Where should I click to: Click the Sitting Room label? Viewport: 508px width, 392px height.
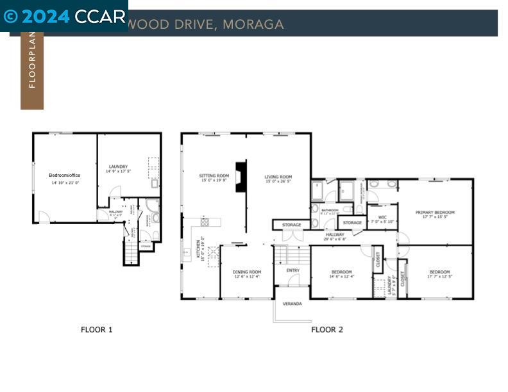pyautogui.click(x=214, y=176)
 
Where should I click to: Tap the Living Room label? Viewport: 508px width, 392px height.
pyautogui.click(x=278, y=177)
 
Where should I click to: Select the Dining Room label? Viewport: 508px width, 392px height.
pyautogui.click(x=247, y=272)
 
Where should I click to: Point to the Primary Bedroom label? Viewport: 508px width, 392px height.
pyautogui.click(x=435, y=213)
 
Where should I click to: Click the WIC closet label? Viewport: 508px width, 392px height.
pyautogui.click(x=382, y=217)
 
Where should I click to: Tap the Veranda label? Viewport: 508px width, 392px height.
pyautogui.click(x=292, y=304)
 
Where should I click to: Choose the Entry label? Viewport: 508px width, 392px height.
pyautogui.click(x=292, y=270)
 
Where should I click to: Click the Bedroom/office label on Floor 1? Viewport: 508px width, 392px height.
pyautogui.click(x=64, y=175)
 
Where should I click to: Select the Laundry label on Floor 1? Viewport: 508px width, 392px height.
pyautogui.click(x=118, y=167)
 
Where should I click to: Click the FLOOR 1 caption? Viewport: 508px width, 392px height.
pyautogui.click(x=97, y=330)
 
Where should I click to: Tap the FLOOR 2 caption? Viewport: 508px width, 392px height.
pyautogui.click(x=327, y=330)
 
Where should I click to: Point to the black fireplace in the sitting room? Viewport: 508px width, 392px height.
pyautogui.click(x=241, y=177)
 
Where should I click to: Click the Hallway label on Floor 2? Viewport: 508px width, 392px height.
pyautogui.click(x=335, y=235)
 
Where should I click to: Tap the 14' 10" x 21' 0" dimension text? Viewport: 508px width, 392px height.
pyautogui.click(x=65, y=183)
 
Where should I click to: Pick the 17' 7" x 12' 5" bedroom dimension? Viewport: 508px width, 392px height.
pyautogui.click(x=439, y=277)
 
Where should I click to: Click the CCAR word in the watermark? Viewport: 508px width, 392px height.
pyautogui.click(x=99, y=16)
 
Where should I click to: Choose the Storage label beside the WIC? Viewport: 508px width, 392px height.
pyautogui.click(x=352, y=223)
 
